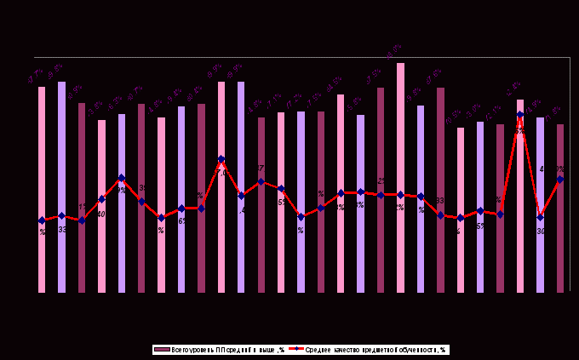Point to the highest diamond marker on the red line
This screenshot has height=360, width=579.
(x=520, y=115)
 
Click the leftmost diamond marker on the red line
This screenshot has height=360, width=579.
(x=41, y=220)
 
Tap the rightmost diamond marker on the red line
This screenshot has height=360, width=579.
(x=560, y=180)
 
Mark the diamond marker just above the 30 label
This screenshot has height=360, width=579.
(x=540, y=217)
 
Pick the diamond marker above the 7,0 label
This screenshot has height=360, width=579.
(x=221, y=159)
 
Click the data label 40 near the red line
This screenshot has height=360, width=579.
(x=101, y=214)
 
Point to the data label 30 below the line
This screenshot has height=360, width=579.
(x=541, y=231)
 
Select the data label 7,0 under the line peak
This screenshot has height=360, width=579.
(x=221, y=173)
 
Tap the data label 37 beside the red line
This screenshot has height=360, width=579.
(x=260, y=169)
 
